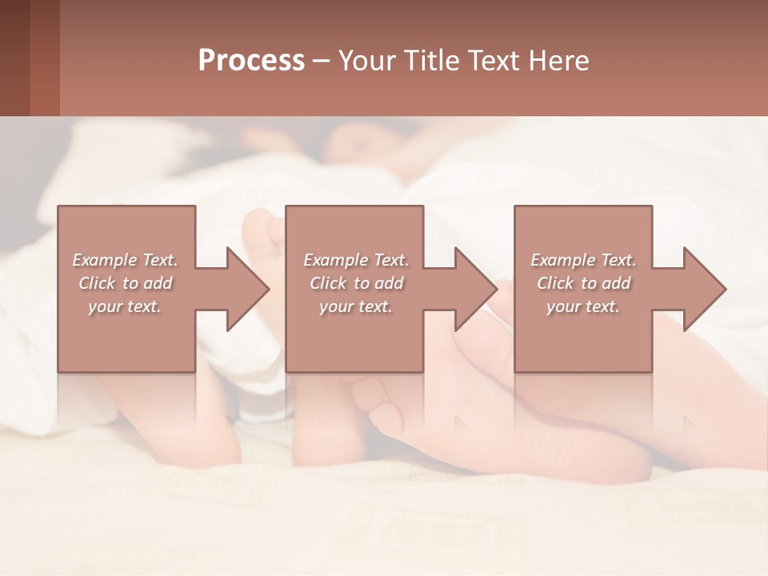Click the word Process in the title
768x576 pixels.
pos(251,61)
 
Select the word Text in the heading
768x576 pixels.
pos(494,61)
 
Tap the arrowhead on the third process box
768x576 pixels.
pos(699,289)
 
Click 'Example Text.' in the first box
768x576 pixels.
pos(126,260)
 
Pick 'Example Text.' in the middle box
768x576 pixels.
pos(356,260)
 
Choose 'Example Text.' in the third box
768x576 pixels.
pos(583,260)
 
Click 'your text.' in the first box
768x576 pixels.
pos(125,306)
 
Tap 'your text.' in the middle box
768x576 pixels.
pos(355,306)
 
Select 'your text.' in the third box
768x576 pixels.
pos(582,306)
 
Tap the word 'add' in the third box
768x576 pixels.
pos(615,283)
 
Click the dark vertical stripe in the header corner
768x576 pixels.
pos(45,58)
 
